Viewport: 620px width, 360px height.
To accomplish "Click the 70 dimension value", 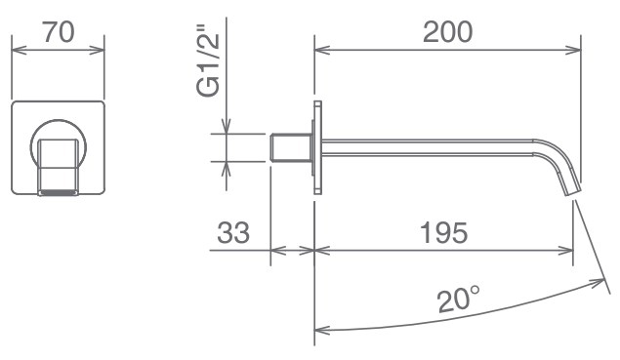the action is pyautogui.click(x=59, y=32).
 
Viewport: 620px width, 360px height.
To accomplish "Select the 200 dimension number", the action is pyautogui.click(x=447, y=32).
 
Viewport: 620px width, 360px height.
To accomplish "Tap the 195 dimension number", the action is pyautogui.click(x=443, y=233).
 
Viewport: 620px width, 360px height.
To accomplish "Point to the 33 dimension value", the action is pyautogui.click(x=233, y=233).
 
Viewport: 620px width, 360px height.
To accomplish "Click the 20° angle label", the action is pyautogui.click(x=459, y=300).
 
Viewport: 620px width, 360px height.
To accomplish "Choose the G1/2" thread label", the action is pyautogui.click(x=208, y=60).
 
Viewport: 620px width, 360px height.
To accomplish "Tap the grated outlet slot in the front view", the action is pyautogui.click(x=59, y=193).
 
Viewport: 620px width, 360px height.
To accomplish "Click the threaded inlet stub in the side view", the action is pyautogui.click(x=291, y=147).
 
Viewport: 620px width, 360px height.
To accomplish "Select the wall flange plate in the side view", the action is pyautogui.click(x=318, y=147).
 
